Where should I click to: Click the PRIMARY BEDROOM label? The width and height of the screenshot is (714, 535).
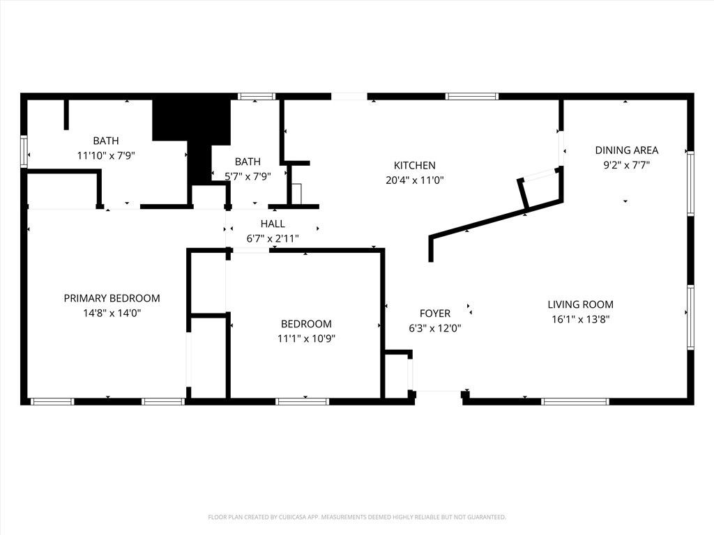point(112,298)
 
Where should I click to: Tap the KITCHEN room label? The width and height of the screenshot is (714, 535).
point(414,165)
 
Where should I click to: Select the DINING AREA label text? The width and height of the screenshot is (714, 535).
point(626,150)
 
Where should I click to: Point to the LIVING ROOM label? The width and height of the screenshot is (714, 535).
point(580,304)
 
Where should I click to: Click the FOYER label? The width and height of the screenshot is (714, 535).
point(434,313)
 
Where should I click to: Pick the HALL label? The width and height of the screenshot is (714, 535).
point(273,224)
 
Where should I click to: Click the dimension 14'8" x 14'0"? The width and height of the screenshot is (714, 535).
point(112,313)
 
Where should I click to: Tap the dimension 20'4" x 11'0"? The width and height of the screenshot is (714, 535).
point(414,180)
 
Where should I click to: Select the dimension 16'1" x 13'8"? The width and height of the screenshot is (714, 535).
point(580,319)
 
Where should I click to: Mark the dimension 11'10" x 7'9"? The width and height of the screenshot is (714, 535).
point(105,156)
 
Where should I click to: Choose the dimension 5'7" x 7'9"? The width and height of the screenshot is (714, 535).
point(247,176)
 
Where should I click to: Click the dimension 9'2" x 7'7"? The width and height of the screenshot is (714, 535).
point(626,165)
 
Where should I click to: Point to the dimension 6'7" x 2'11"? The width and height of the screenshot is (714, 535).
point(273,238)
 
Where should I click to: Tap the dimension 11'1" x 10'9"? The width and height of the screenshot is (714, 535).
point(306,339)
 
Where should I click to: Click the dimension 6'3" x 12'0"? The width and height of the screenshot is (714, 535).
point(434,328)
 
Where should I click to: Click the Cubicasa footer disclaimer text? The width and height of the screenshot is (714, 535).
point(357,517)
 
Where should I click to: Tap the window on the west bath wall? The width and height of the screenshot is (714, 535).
point(24,151)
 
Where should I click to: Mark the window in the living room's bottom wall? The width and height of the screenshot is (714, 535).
point(575,401)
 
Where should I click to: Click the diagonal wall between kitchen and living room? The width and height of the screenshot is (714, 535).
point(488,222)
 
